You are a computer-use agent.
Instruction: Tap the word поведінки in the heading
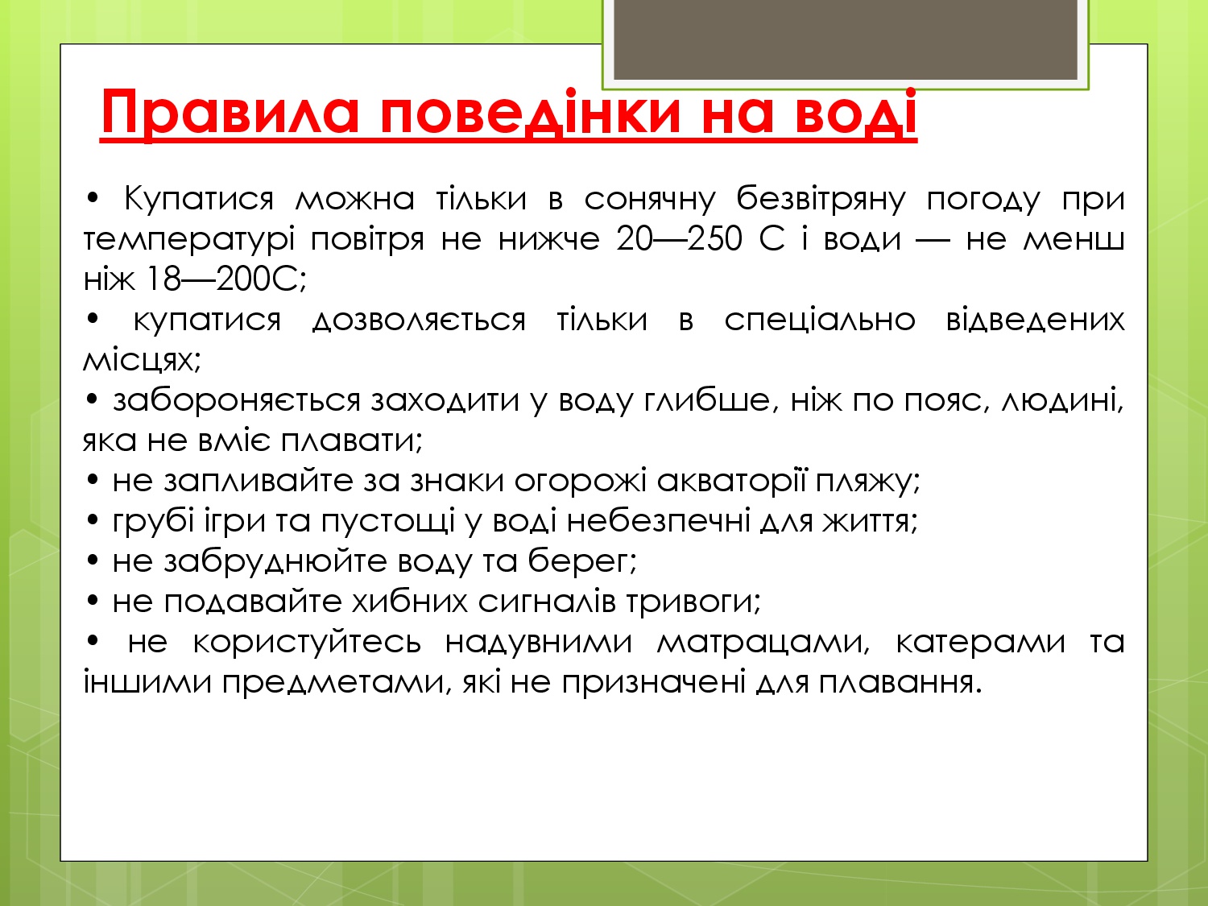coord(531,113)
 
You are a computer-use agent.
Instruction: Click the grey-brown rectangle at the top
coord(845,39)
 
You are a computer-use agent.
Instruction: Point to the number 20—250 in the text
coord(680,239)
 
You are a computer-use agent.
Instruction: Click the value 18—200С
coord(227,279)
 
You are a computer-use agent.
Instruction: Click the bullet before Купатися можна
coord(93,199)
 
